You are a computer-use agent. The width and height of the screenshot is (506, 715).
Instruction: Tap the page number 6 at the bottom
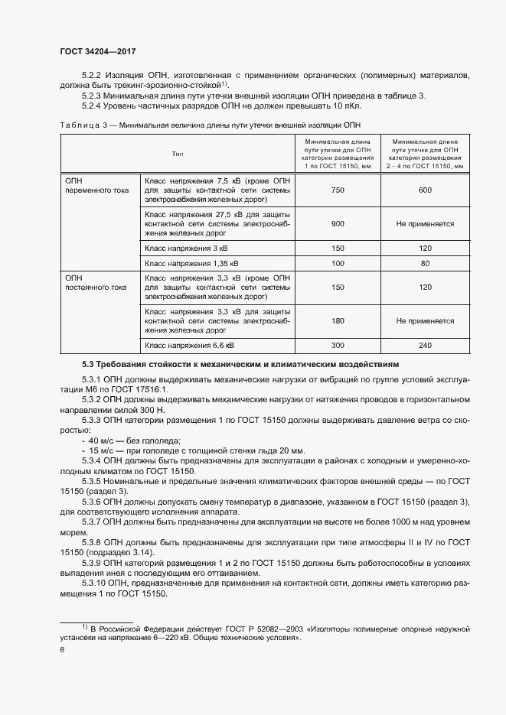click(62, 650)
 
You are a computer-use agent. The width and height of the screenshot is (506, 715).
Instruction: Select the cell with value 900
click(337, 224)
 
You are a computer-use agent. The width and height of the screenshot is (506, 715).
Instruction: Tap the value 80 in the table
click(425, 263)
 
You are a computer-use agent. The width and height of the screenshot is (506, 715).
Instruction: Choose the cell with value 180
click(337, 322)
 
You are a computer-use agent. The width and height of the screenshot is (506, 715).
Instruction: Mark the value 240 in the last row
click(425, 346)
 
